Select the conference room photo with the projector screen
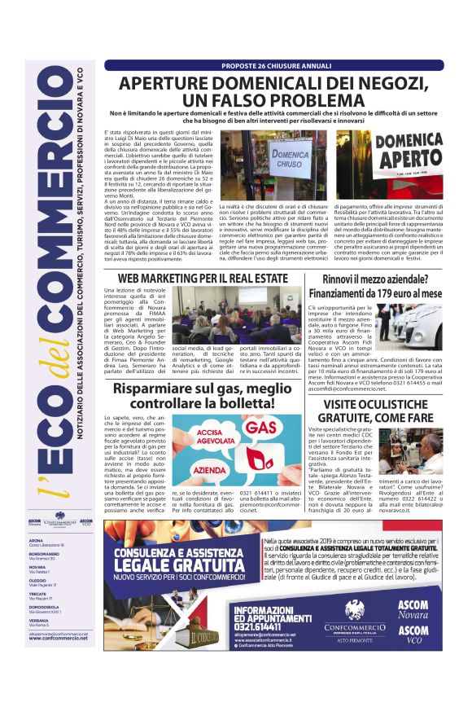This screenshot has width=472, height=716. (230, 314)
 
